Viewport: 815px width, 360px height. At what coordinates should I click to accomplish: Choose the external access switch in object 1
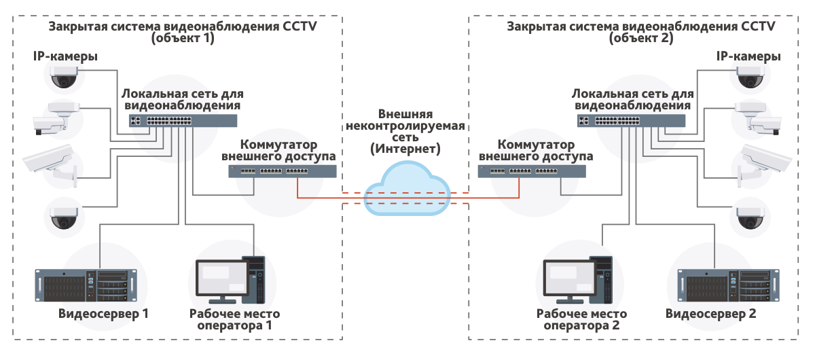coord(283,170)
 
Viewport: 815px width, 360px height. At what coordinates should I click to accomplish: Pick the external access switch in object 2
coord(532,170)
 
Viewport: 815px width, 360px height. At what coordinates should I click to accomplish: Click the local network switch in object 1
coord(184,121)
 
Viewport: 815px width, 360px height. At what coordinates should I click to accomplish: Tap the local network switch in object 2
coord(631,121)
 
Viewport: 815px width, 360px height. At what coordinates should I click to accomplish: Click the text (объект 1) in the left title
coord(183,39)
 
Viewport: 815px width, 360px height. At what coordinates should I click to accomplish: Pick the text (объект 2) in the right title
coord(642,39)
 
